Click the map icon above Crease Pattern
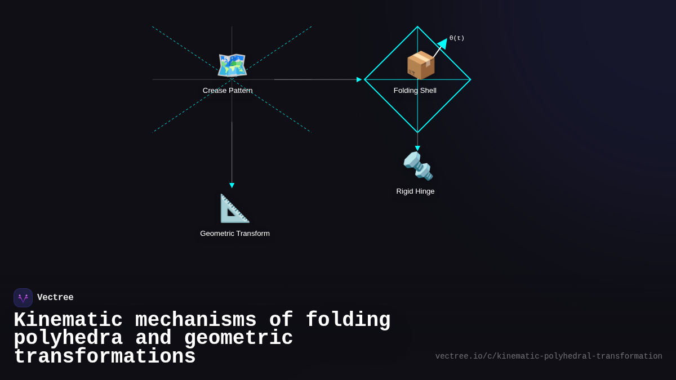[232, 65]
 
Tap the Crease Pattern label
[228, 91]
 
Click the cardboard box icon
[421, 65]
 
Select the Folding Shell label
[415, 91]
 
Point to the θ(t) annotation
[457, 38]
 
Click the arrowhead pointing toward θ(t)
[443, 43]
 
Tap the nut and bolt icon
[418, 166]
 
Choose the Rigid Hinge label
[415, 191]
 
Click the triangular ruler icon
[234, 208]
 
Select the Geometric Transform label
[235, 234]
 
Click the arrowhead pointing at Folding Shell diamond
[359, 79]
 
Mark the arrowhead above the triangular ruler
[232, 185]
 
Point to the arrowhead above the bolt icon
[417, 148]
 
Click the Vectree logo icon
[23, 298]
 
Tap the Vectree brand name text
[55, 298]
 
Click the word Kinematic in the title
[68, 320]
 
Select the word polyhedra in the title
[68, 338]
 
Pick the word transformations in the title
[105, 357]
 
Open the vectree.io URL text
[549, 356]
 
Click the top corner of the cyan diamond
[417, 27]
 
